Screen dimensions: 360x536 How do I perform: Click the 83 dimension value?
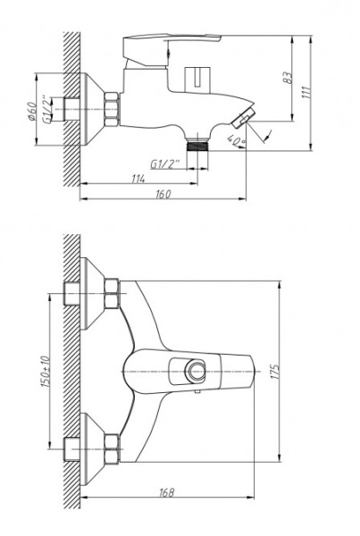(x=289, y=78)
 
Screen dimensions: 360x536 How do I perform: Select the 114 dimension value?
(x=138, y=179)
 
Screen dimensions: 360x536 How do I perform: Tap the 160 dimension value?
(x=163, y=194)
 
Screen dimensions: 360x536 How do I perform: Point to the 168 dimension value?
(x=167, y=492)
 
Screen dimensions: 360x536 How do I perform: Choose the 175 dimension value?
(x=275, y=372)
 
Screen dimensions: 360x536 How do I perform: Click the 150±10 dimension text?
(x=46, y=372)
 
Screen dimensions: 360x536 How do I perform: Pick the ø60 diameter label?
(x=32, y=111)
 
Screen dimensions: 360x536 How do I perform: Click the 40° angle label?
(x=236, y=140)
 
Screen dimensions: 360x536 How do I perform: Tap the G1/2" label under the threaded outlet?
(x=164, y=164)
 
